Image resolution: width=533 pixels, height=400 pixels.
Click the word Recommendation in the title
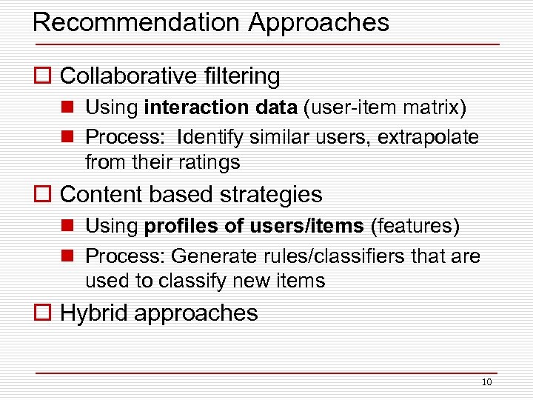point(137,22)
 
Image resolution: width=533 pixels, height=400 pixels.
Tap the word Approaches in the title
point(318,24)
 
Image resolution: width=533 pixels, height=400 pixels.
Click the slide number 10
point(486,382)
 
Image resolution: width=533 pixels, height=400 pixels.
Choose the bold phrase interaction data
point(221,108)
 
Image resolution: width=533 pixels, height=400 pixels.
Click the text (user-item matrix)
point(384,108)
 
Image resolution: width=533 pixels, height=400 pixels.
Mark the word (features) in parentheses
point(415,227)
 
